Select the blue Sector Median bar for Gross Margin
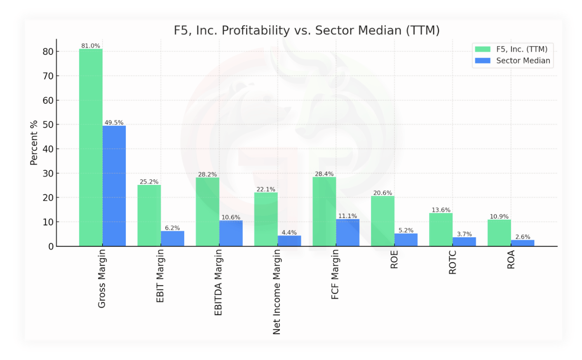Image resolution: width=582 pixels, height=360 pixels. click(x=114, y=186)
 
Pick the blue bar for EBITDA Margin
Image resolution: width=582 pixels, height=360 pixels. click(x=231, y=234)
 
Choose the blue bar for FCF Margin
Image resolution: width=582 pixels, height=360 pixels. click(x=347, y=233)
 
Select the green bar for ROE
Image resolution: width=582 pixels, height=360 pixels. click(x=383, y=221)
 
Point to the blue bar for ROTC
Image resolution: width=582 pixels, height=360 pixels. click(x=464, y=242)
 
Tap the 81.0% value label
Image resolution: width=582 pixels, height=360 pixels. click(x=91, y=46)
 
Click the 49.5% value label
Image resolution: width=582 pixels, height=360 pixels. click(x=114, y=122)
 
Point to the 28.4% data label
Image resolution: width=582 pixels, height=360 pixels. click(x=324, y=174)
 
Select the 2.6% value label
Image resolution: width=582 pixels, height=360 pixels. click(x=523, y=237)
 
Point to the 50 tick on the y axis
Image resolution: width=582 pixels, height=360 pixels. click(x=48, y=124)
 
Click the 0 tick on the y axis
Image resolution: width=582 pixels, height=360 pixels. click(x=51, y=246)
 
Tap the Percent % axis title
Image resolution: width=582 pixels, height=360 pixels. click(x=34, y=143)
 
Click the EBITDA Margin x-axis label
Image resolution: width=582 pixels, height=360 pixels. click(x=218, y=283)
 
